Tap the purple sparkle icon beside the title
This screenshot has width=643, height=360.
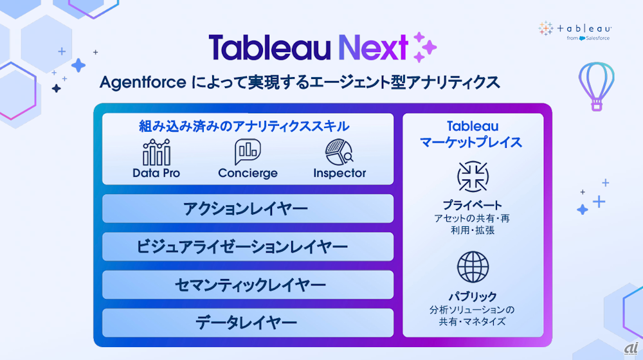pyautogui.click(x=424, y=47)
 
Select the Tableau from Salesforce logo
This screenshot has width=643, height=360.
pyautogui.click(x=575, y=31)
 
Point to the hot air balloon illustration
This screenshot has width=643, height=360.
pyautogui.click(x=596, y=86)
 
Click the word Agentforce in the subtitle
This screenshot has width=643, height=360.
pyautogui.click(x=143, y=82)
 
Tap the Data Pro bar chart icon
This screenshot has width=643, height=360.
pyautogui.click(x=156, y=152)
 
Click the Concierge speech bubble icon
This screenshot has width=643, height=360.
pyautogui.click(x=248, y=151)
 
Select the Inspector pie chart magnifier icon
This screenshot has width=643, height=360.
pyautogui.click(x=339, y=152)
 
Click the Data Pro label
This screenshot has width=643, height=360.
pyautogui.click(x=156, y=173)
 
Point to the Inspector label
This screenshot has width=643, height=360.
pyautogui.click(x=340, y=173)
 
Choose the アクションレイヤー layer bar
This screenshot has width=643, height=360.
pyautogui.click(x=248, y=209)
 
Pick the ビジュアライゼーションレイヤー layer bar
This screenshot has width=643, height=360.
pyautogui.click(x=248, y=247)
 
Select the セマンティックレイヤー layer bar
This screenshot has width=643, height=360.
pyautogui.click(x=248, y=285)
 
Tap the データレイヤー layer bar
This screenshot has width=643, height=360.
pyautogui.click(x=248, y=323)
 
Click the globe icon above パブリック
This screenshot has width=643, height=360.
pyautogui.click(x=473, y=267)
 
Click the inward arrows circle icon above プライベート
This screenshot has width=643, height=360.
pyautogui.click(x=473, y=177)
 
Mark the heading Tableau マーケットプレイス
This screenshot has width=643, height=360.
pyautogui.click(x=471, y=134)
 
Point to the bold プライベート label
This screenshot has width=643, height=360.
pyautogui.click(x=473, y=205)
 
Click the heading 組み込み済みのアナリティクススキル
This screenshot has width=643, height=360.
pyautogui.click(x=244, y=126)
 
